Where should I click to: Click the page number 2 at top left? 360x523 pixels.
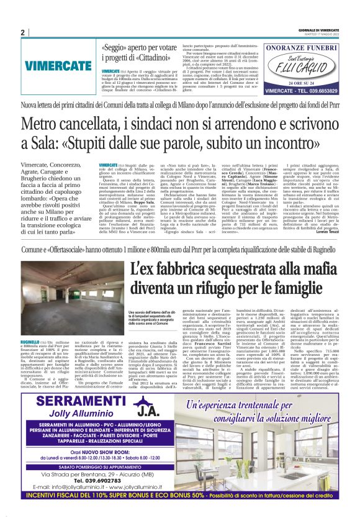[23, 32]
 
